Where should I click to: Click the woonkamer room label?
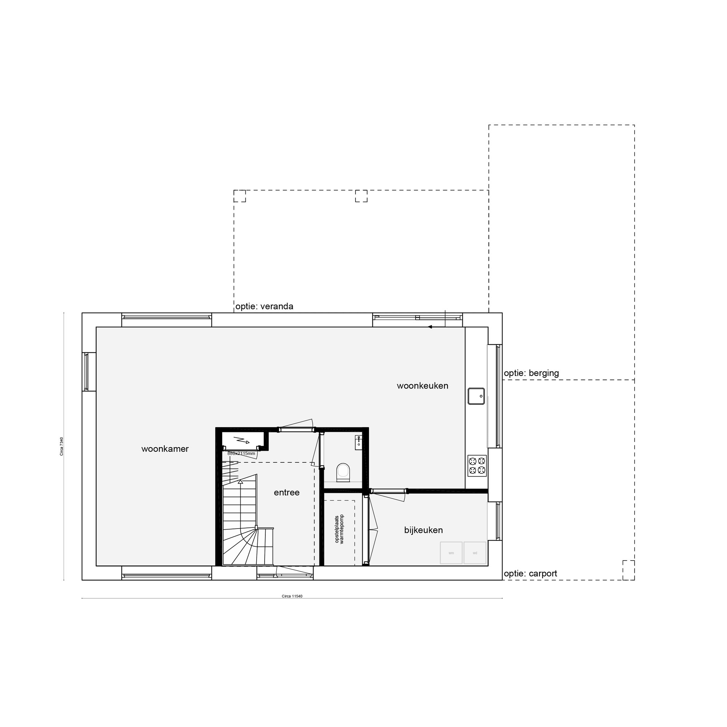tap(165, 449)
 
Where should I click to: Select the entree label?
tap(286, 493)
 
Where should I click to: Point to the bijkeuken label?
tap(423, 530)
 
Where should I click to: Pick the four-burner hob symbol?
tap(477, 466)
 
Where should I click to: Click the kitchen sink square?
tap(476, 396)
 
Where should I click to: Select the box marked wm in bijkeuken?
tap(451, 553)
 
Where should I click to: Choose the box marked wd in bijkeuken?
tap(474, 553)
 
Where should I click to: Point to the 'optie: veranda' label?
tap(264, 306)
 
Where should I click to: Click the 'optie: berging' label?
tap(531, 373)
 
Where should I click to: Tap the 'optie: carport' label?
tap(530, 574)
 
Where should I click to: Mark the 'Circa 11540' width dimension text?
tap(292, 596)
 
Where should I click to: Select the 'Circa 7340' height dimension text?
tap(61, 446)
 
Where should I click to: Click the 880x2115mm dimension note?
tap(241, 453)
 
